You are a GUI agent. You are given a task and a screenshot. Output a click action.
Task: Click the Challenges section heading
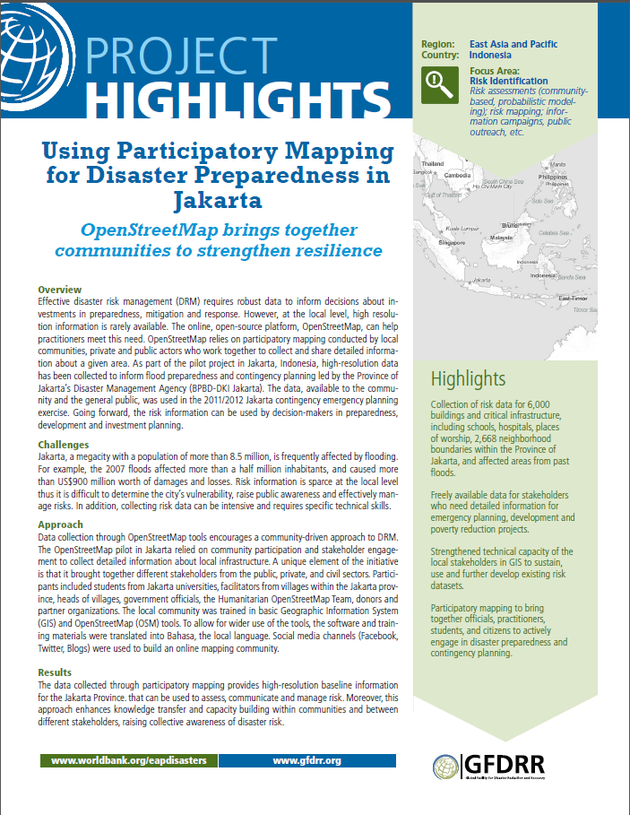pos(64,444)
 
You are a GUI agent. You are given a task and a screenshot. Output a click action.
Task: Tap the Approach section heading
pos(61,525)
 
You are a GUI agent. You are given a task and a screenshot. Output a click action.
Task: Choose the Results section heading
pos(56,672)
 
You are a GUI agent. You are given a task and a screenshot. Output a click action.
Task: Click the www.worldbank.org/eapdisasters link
pos(129,760)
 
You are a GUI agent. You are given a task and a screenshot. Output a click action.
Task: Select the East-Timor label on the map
pos(572,298)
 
